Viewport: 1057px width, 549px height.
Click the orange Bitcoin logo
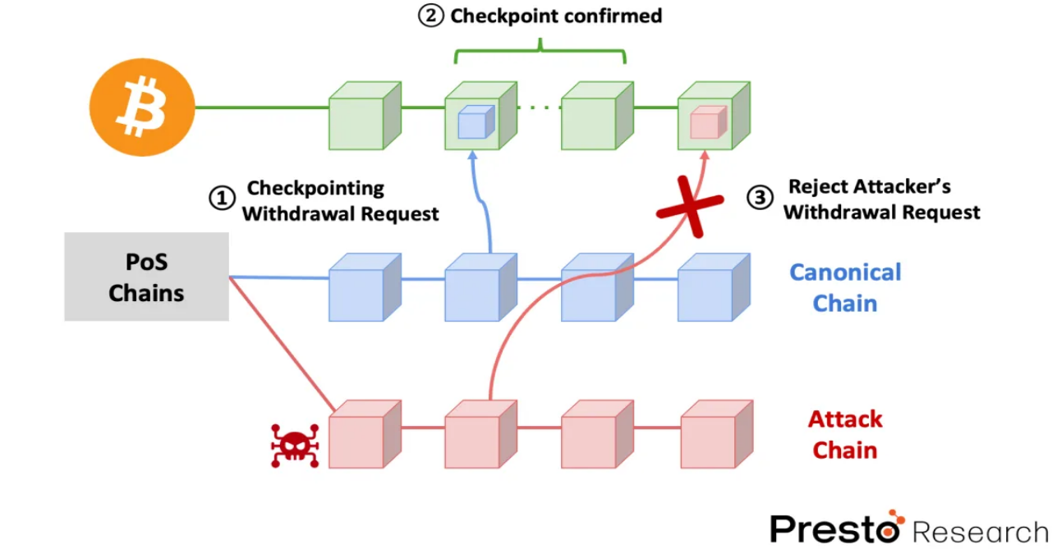coord(142,108)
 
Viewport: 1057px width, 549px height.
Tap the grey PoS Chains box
coord(146,277)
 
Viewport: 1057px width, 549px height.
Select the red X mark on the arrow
coord(690,206)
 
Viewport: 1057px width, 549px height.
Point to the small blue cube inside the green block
coord(475,122)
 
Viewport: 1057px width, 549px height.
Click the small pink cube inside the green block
coord(707,122)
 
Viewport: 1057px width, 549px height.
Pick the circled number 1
coord(222,199)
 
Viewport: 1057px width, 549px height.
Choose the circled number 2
coord(431,16)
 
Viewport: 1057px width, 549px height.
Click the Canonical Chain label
coord(845,287)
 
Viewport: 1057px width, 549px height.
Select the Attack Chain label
coord(845,434)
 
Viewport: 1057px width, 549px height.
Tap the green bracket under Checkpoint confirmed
coord(540,53)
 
